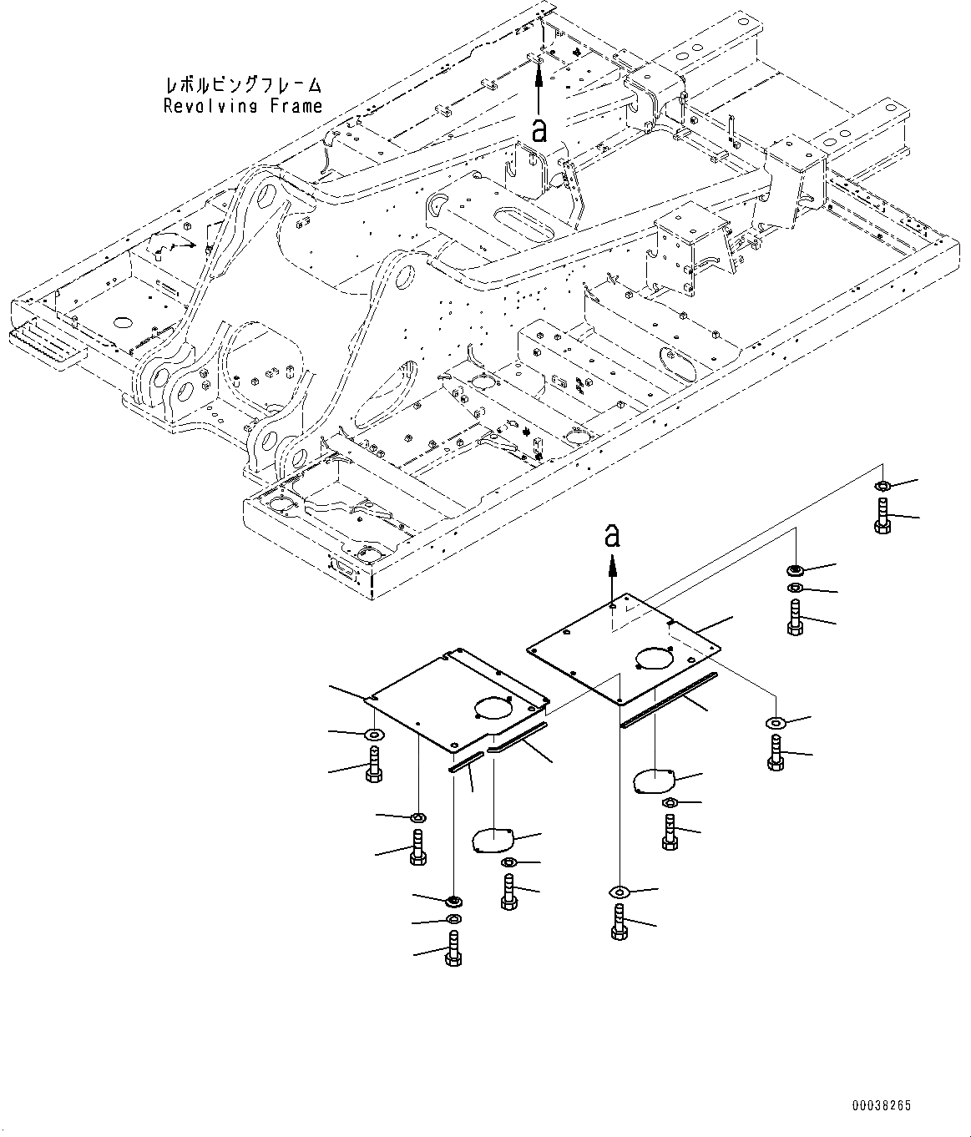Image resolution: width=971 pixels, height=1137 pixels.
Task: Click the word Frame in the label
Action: pyautogui.click(x=296, y=105)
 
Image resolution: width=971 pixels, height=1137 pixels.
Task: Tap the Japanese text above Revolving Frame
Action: pyautogui.click(x=243, y=84)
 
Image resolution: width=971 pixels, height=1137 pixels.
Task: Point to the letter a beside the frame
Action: pyautogui.click(x=539, y=130)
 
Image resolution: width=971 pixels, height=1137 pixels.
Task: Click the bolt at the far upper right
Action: pyautogui.click(x=883, y=515)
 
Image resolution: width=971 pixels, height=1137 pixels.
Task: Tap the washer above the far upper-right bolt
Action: pyautogui.click(x=882, y=485)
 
